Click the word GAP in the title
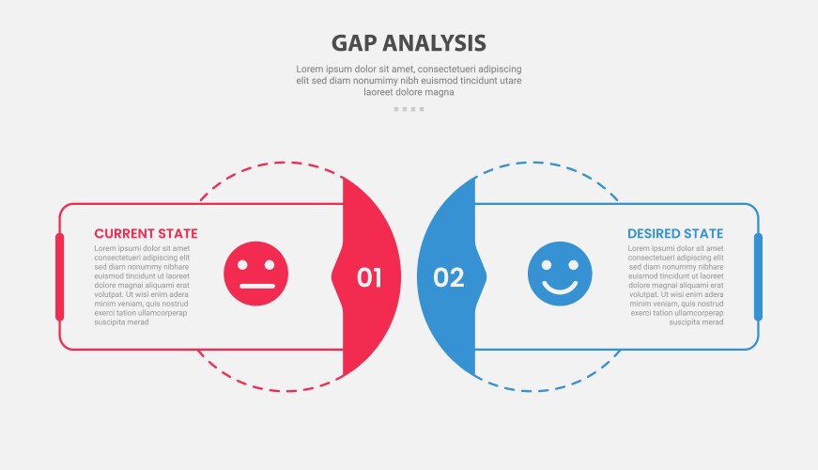click(x=354, y=43)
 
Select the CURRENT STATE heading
click(x=146, y=233)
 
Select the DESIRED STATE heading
click(x=675, y=233)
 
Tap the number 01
click(x=369, y=277)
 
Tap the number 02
click(x=449, y=277)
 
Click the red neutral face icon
click(x=255, y=274)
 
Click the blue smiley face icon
click(x=560, y=274)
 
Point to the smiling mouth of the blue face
click(x=560, y=287)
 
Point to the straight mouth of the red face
click(x=255, y=286)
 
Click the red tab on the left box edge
click(x=59, y=276)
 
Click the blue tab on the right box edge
click(x=758, y=276)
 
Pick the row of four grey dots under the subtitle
click(x=409, y=109)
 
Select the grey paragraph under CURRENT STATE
click(x=142, y=285)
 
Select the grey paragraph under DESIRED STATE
click(x=676, y=285)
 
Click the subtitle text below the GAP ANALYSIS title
click(x=409, y=80)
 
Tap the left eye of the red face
click(x=244, y=262)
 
